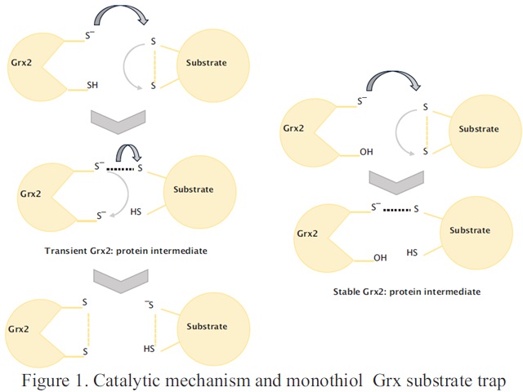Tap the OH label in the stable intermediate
tap(380, 258)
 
